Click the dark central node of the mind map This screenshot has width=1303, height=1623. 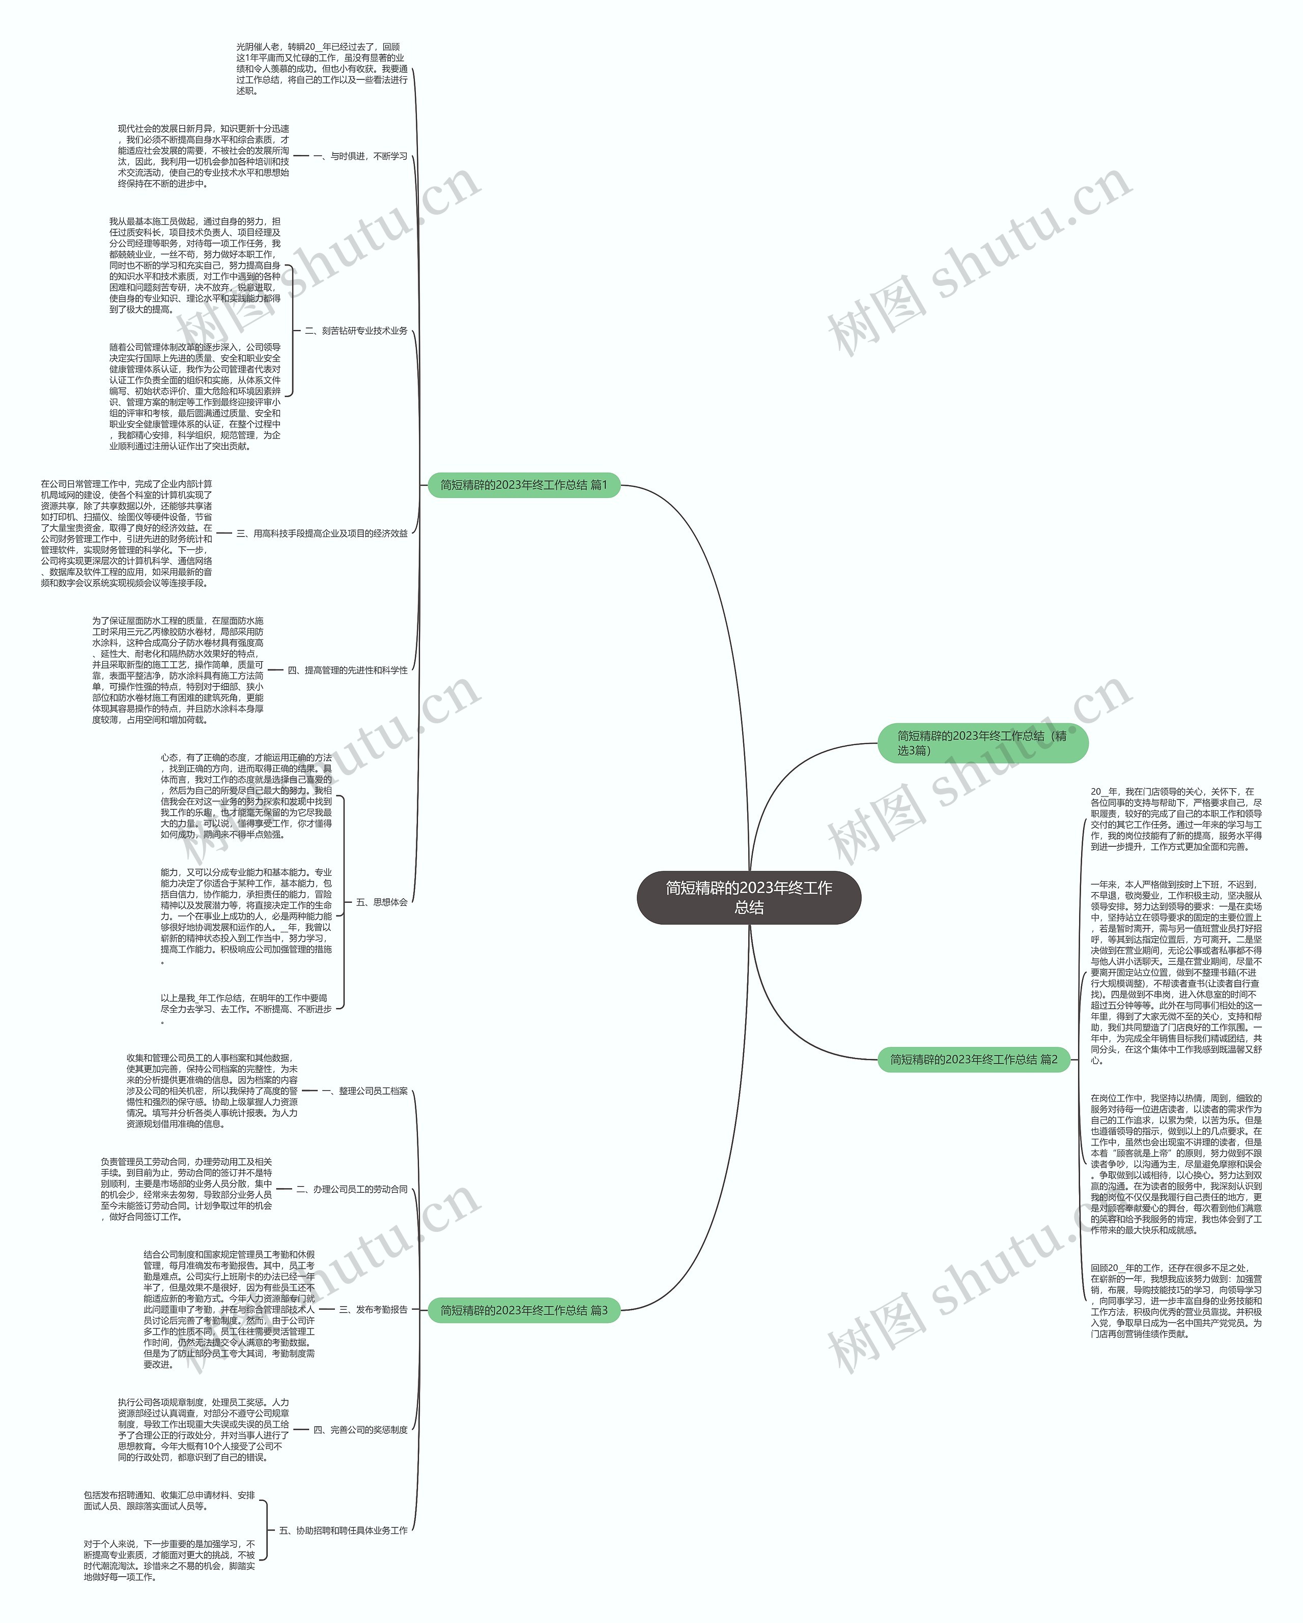coord(749,897)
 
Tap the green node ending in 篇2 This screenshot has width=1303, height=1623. coord(973,1059)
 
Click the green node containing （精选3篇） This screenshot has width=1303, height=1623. coord(982,743)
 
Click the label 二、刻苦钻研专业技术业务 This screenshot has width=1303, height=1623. coord(355,331)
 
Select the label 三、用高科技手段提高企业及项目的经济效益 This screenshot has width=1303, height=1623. coord(322,533)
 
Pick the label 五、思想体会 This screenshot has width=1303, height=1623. coord(381,902)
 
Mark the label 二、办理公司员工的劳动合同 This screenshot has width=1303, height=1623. coord(352,1189)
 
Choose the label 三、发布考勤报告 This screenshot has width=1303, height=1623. coord(373,1310)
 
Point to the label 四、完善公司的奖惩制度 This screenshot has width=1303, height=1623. coord(360,1430)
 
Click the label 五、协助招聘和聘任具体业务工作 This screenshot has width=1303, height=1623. coord(343,1530)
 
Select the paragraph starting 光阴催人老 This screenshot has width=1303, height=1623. coord(322,69)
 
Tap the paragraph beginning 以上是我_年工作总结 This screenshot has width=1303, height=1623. coord(245,1009)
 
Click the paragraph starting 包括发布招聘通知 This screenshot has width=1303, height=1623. coord(169,1500)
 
